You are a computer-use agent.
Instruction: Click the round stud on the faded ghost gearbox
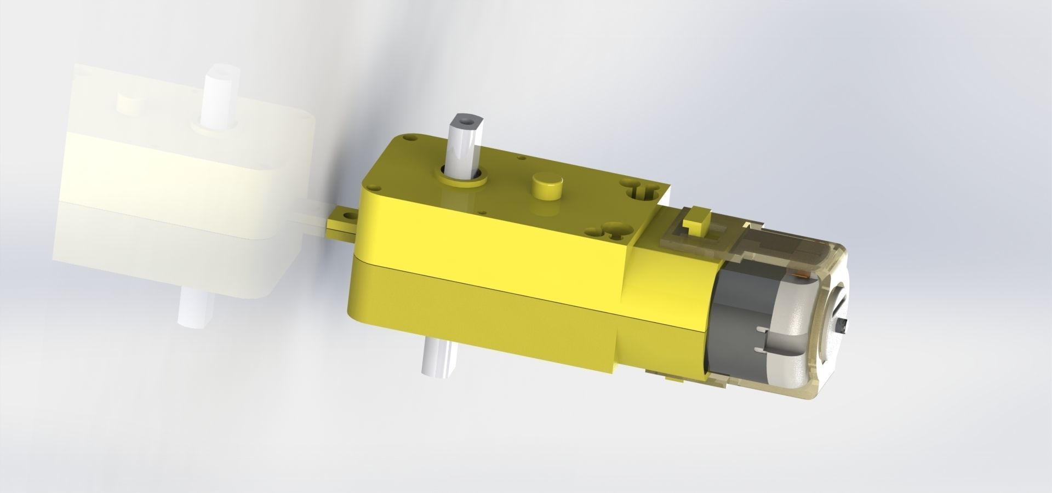pos(130,102)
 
